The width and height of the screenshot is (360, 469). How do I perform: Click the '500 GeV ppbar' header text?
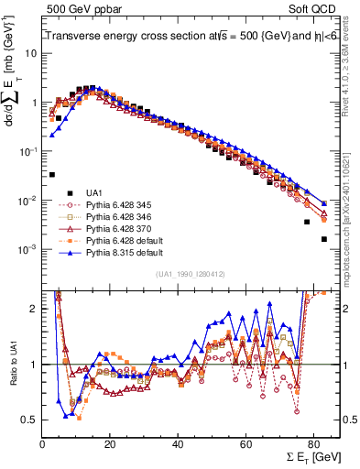(76, 8)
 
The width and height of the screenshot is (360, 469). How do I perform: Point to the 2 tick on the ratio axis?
(33, 309)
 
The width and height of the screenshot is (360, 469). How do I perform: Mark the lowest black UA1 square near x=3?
(51, 174)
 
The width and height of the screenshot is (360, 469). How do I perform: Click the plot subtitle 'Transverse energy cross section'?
(119, 36)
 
